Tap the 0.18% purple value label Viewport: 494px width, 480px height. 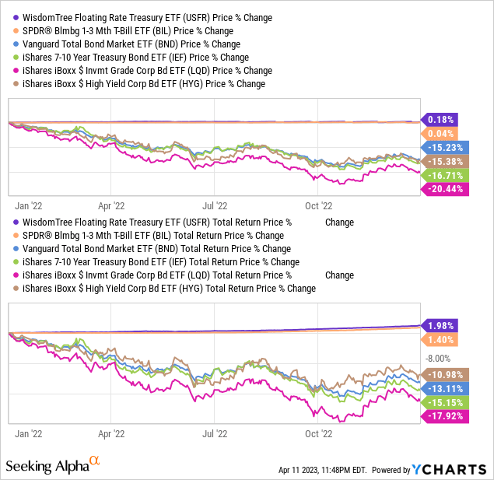[441, 119]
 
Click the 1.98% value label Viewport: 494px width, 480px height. [441, 325]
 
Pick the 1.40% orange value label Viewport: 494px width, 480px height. [441, 340]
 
